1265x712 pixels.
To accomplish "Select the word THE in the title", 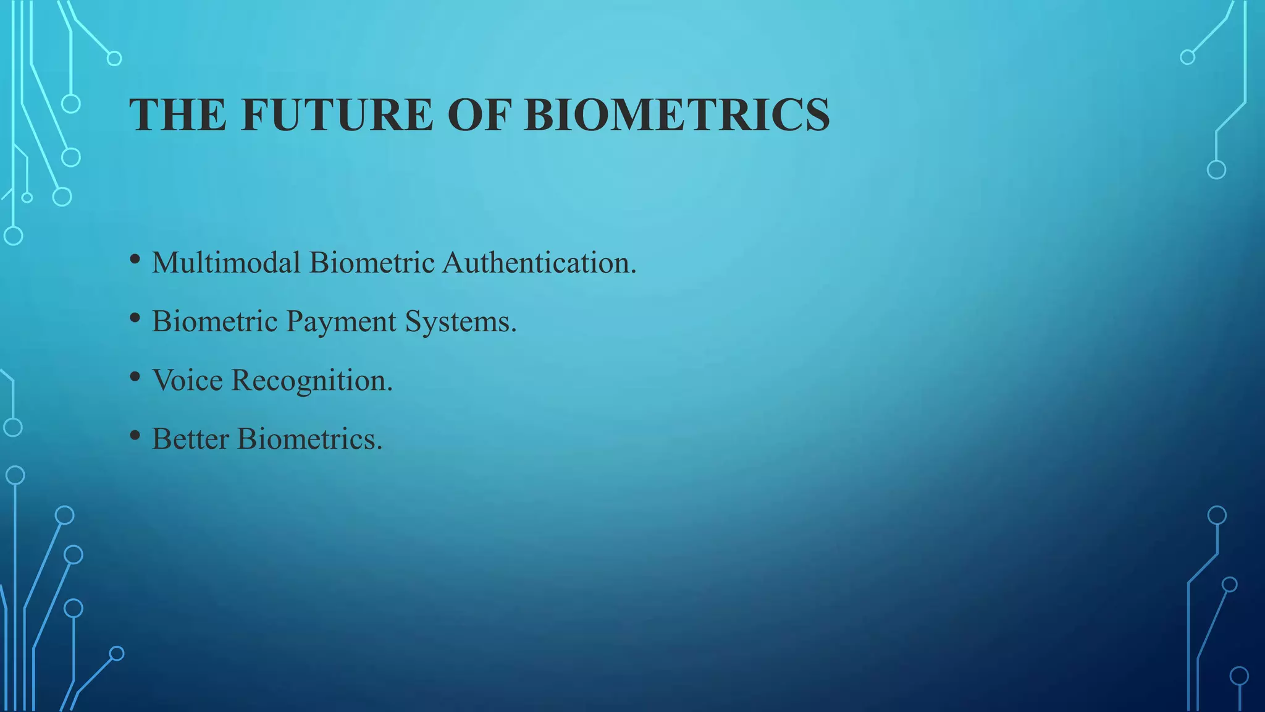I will click(x=177, y=115).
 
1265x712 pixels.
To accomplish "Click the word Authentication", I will click(x=539, y=263).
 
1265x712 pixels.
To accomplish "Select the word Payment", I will click(x=340, y=322).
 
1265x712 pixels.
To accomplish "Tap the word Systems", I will click(x=461, y=322).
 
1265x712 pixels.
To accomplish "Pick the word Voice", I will click(x=187, y=380).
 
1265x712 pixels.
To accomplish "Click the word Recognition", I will click(x=312, y=381).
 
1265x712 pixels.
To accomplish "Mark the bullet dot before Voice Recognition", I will click(x=135, y=377).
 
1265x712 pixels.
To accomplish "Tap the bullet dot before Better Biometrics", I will click(x=135, y=436).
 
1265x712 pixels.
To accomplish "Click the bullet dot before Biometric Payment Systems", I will click(x=135, y=318).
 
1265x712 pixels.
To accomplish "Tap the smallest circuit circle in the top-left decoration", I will click(x=27, y=198).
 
